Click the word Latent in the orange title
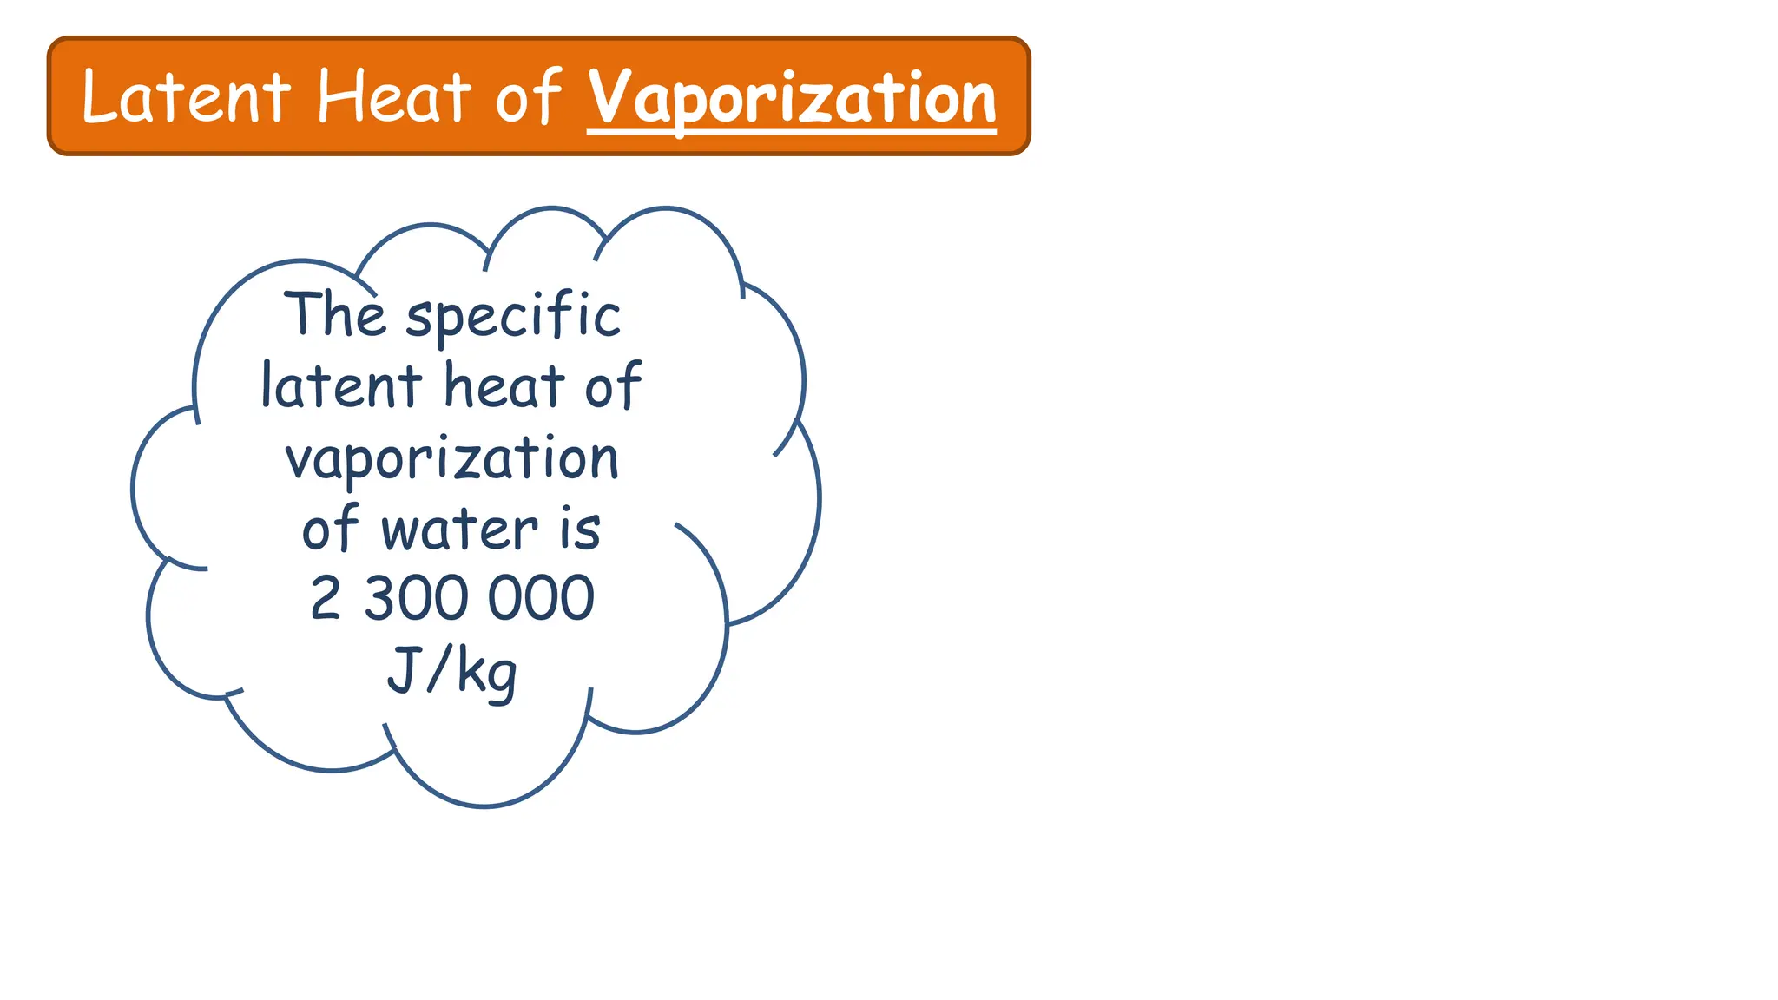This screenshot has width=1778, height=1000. [186, 96]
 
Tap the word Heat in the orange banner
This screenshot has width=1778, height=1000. [394, 96]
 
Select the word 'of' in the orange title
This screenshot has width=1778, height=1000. [529, 96]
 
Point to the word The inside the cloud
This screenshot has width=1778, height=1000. [334, 313]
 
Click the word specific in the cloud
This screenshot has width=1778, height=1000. [514, 316]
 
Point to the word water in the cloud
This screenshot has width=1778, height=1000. [459, 530]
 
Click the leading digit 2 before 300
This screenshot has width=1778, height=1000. [326, 598]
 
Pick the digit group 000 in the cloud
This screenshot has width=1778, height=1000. [541, 598]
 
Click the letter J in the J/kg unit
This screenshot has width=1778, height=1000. [401, 670]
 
